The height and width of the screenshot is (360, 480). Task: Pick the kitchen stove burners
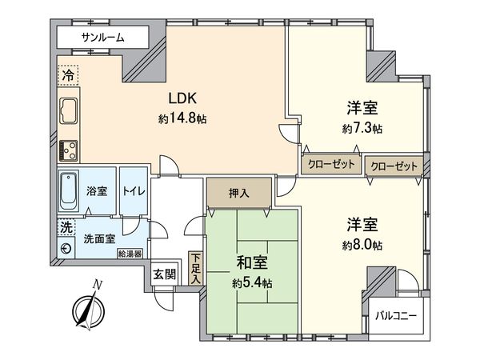pyautogui.click(x=68, y=148)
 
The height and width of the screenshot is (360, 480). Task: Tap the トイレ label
pyautogui.click(x=132, y=191)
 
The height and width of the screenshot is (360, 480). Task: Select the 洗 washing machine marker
pyautogui.click(x=64, y=227)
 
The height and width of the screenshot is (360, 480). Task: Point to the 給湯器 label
pyautogui.click(x=129, y=254)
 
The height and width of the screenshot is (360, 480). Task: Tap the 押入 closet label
pyautogui.click(x=238, y=192)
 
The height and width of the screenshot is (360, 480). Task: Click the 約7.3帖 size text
pyautogui.click(x=362, y=128)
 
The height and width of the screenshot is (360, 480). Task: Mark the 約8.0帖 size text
pyautogui.click(x=362, y=244)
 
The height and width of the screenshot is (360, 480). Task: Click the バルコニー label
pyautogui.click(x=397, y=316)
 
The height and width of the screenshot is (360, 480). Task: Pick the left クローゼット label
pyautogui.click(x=331, y=163)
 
